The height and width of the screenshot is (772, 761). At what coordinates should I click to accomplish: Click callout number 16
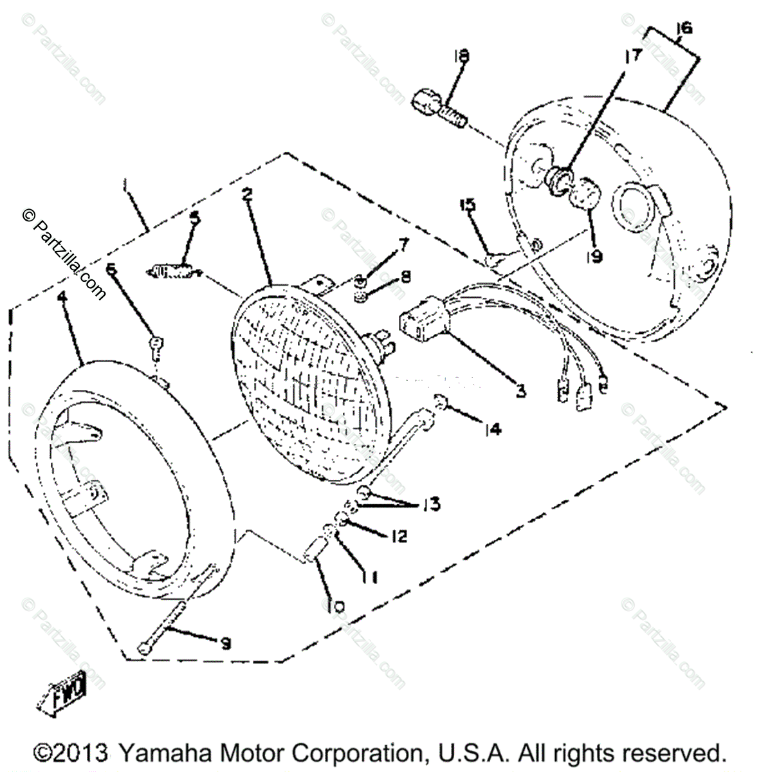point(684,28)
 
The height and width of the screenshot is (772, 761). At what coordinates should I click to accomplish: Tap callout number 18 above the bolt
point(461,57)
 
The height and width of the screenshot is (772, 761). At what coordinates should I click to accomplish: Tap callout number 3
point(520,390)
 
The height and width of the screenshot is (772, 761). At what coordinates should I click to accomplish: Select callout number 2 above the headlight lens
point(246,196)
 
